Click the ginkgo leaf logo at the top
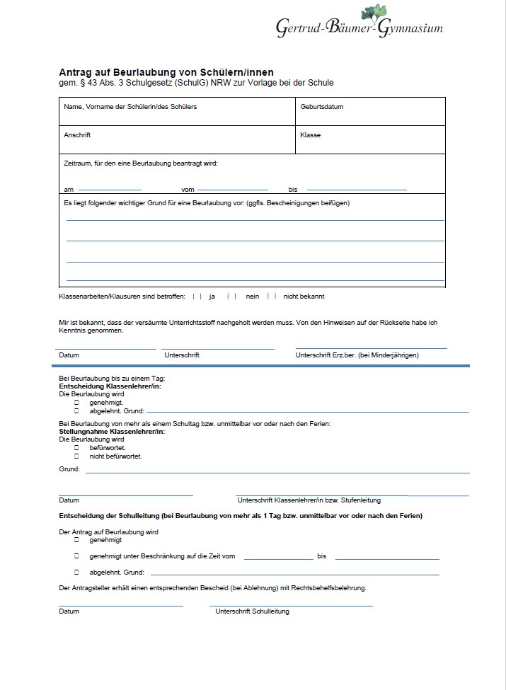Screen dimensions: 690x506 pos(374,13)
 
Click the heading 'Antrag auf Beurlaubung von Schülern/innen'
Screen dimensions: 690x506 pos(166,72)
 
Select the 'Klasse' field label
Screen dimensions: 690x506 pos(310,134)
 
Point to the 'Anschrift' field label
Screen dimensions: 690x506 pos(77,134)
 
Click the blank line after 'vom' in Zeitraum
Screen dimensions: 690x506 pos(233,189)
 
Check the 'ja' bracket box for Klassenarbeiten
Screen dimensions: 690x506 pos(197,297)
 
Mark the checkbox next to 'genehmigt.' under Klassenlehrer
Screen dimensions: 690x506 pos(76,402)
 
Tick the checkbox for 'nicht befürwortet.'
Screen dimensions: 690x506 pos(76,456)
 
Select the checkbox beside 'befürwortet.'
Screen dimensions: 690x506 pos(76,448)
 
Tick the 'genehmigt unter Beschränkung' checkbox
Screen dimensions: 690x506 pos(76,556)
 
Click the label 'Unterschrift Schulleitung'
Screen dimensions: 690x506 pos(252,611)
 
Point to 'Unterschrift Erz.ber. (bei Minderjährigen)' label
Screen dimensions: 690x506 pos(357,355)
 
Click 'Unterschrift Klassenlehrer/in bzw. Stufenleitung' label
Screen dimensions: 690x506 pos(309,500)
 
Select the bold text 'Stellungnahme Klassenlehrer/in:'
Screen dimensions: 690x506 pos(112,431)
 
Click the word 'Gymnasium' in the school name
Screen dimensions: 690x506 pos(410,28)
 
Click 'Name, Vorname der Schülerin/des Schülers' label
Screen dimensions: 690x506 pos(130,107)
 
